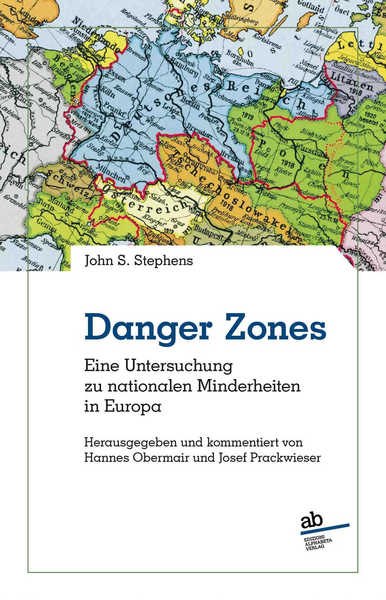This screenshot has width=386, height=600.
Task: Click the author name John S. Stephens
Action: [139, 261]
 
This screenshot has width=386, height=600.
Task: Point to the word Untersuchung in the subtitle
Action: [178, 366]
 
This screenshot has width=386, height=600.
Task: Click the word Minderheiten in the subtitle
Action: [249, 386]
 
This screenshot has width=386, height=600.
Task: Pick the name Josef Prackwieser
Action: [270, 458]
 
